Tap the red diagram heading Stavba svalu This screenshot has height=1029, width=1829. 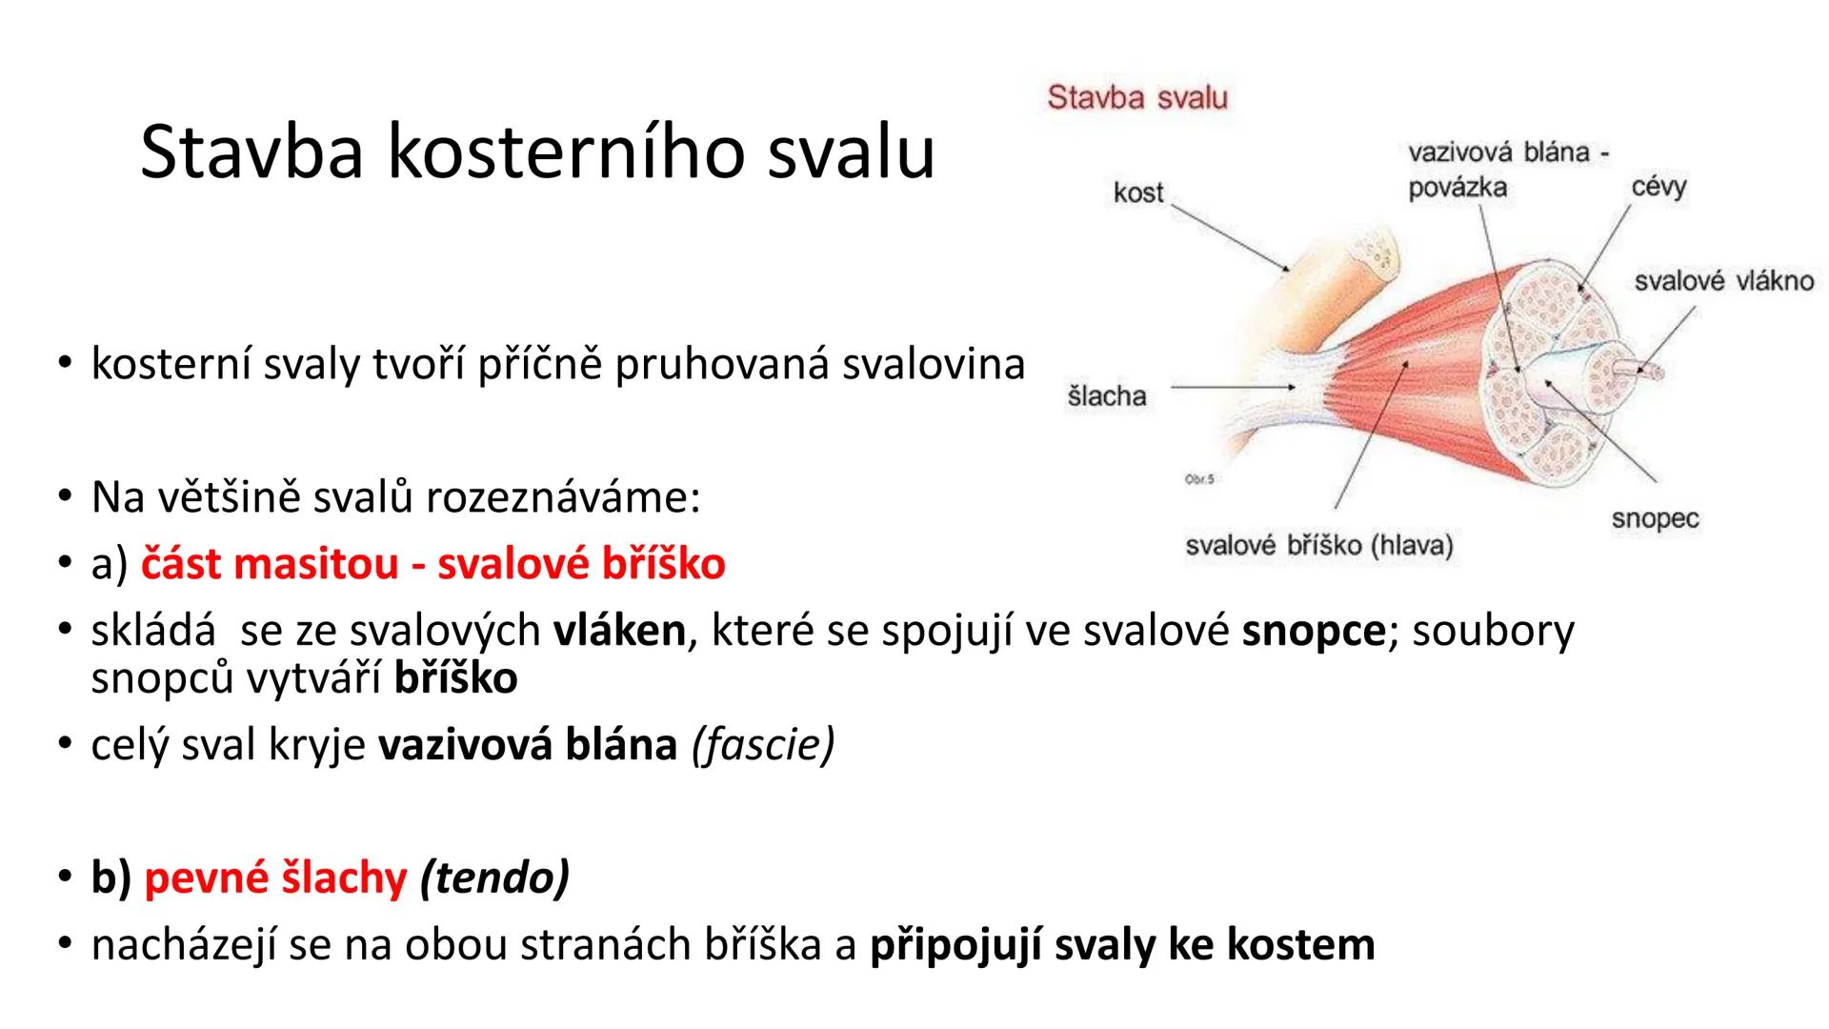1137,97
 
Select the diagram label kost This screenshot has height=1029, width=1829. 1138,193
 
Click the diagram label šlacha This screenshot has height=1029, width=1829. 1106,396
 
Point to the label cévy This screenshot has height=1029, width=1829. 1658,187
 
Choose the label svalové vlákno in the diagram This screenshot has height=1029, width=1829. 1723,281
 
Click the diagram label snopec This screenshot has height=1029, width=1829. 1655,519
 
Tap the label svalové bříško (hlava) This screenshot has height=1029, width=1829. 1319,546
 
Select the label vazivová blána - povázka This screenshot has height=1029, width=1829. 1505,170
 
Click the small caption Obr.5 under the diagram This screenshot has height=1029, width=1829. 1199,479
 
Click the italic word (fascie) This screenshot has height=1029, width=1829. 763,745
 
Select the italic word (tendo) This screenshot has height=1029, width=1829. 493,878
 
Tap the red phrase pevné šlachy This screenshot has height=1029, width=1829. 275,878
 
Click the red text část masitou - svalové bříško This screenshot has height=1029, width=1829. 432,564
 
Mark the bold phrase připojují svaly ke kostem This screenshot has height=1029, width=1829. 1122,944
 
